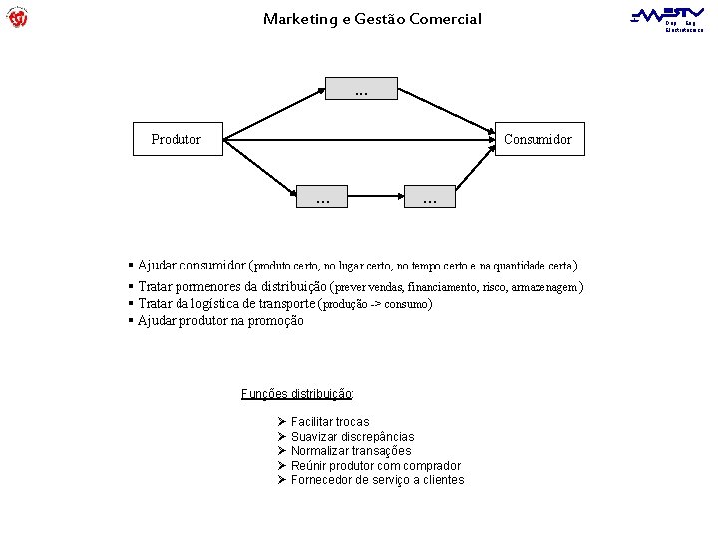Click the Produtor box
tap(177, 139)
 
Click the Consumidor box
tap(538, 139)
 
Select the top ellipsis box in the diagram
tap(360, 90)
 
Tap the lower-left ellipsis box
tap(323, 198)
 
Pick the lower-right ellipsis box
tap(430, 198)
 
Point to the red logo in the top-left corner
tap(17, 17)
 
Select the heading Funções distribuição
tap(297, 393)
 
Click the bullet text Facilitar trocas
tap(329, 422)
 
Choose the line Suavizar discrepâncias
tap(352, 437)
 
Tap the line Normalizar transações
tap(350, 451)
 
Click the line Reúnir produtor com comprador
tap(375, 466)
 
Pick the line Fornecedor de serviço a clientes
tap(377, 480)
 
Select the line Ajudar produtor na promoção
tap(220, 321)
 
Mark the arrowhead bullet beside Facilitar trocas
tap(282, 422)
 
